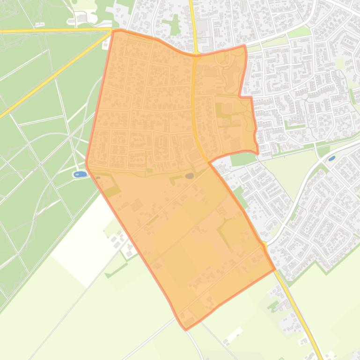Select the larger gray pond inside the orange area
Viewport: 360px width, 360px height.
coord(189,176)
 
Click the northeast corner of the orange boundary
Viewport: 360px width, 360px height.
coord(244,46)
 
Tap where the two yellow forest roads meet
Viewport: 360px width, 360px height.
coord(111,31)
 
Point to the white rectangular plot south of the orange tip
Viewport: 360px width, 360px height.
coord(233,334)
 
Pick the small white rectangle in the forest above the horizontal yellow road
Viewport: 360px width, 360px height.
coord(40,24)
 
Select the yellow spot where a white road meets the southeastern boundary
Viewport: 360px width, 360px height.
coord(264,245)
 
